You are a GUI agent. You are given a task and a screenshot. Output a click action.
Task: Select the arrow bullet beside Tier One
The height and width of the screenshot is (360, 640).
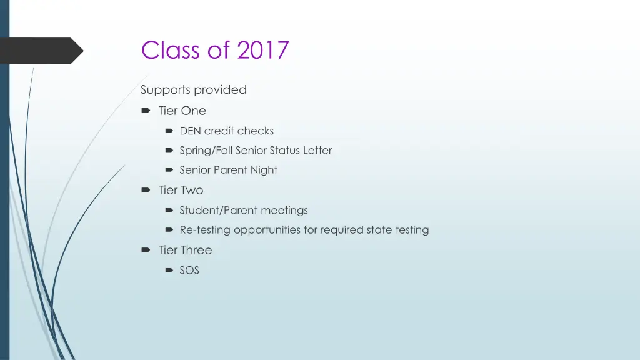(x=146, y=111)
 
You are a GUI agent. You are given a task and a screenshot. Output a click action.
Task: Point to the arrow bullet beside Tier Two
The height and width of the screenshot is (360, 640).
(x=146, y=190)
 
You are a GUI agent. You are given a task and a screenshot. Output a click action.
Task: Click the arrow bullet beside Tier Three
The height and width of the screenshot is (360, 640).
(x=146, y=250)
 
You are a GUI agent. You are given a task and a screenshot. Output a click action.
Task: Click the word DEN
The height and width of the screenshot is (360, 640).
(x=190, y=131)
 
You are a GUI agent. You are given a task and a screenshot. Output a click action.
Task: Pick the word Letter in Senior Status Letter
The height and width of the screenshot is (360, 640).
(x=318, y=150)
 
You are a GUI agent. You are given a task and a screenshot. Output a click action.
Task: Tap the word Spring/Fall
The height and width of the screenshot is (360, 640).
(x=206, y=150)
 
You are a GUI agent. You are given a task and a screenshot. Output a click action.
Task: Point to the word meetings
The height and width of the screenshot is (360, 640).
(x=284, y=211)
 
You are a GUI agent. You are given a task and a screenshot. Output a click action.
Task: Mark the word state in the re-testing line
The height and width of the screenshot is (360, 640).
(x=379, y=230)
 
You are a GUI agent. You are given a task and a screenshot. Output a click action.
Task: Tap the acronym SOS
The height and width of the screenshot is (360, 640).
(x=189, y=271)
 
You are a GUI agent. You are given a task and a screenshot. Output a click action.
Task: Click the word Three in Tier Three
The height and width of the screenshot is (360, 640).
(x=197, y=250)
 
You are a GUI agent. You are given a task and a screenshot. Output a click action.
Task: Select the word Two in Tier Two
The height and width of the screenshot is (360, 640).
(x=192, y=190)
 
